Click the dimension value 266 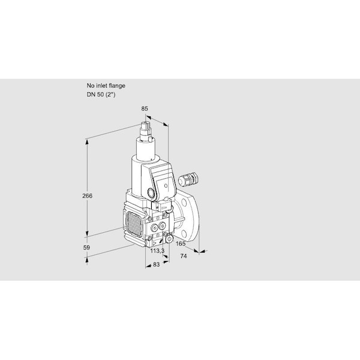tap(87, 196)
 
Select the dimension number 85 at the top tap(145, 109)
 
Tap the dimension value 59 tap(86, 247)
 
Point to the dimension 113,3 tap(157, 251)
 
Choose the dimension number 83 tap(156, 265)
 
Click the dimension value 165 tap(181, 244)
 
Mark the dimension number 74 tap(184, 256)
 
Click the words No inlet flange tap(106, 86)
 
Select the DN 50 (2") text tap(101, 94)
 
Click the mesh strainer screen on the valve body tap(134, 224)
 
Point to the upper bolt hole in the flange tap(184, 202)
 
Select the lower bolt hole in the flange tap(184, 234)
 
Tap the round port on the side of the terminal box tap(151, 192)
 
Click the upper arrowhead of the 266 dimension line tap(87, 142)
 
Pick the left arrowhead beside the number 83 tap(148, 265)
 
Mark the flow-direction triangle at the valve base tap(155, 242)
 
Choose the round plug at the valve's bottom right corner tap(169, 239)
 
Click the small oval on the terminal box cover tap(166, 185)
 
